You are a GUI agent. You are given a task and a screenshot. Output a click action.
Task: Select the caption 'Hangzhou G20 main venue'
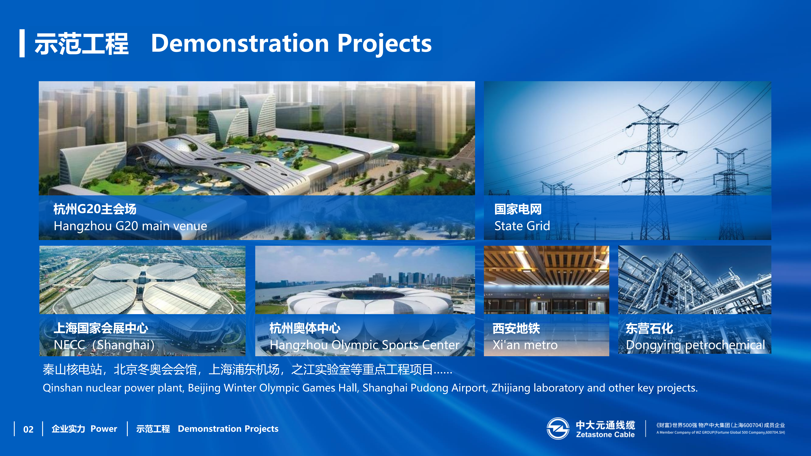click(x=130, y=226)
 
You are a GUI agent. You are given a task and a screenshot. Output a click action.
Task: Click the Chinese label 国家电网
click(x=518, y=209)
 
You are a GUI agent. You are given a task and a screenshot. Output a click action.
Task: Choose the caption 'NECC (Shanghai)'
click(x=104, y=345)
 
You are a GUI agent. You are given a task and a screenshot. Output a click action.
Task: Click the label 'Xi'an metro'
click(x=525, y=345)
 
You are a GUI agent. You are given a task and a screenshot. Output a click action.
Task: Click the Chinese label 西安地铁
click(x=516, y=328)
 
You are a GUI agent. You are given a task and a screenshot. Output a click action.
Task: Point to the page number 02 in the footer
click(x=28, y=429)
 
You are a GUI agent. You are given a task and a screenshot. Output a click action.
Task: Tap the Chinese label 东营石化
click(x=649, y=328)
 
